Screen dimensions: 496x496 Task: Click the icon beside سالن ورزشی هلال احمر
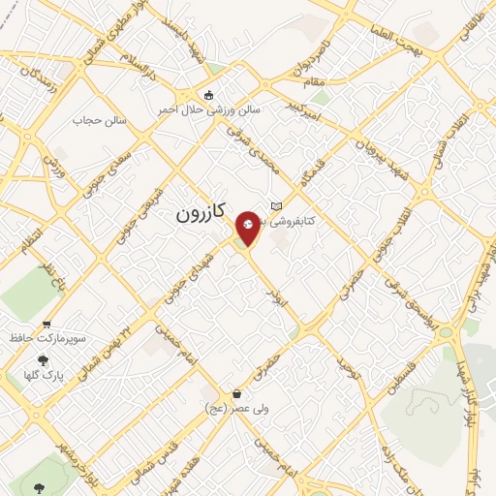pos(209,94)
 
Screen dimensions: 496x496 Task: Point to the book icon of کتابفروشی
pos(277,206)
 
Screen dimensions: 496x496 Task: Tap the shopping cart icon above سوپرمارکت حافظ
pos(46,325)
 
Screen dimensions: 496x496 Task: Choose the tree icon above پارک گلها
pos(42,359)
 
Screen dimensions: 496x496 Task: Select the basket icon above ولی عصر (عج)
pos(237,393)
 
